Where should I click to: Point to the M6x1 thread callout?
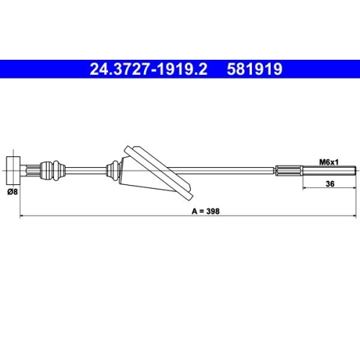point(329,163)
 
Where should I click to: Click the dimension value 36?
point(330,184)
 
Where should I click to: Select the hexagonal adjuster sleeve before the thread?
point(288,171)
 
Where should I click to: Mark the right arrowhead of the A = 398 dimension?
point(354,215)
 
